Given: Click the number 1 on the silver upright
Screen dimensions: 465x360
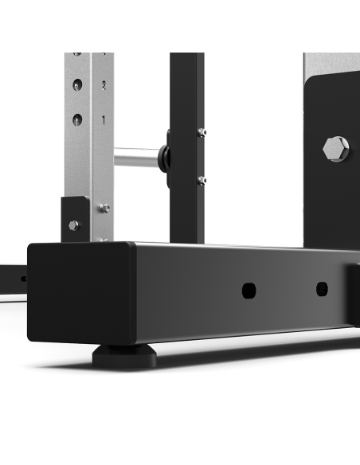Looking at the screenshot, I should tap(103, 119).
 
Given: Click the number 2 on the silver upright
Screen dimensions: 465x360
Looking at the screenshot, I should tap(103, 84).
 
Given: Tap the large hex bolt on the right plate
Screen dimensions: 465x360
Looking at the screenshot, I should tap(335, 148).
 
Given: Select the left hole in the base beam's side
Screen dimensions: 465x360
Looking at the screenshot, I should tap(248, 290).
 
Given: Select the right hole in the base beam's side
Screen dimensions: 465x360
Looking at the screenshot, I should tap(322, 288).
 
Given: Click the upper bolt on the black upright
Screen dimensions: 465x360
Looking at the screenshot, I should tap(202, 132).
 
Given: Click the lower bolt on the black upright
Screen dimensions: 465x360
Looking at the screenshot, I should tap(202, 181).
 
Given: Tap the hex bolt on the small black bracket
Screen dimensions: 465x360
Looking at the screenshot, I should tap(73, 225).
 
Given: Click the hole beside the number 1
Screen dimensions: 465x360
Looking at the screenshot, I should tap(77, 120).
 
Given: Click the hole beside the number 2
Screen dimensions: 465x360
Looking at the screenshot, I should tap(77, 85).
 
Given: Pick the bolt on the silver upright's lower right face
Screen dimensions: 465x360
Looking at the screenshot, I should tap(104, 209).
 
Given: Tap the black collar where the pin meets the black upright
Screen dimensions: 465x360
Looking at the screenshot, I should tap(164, 156).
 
